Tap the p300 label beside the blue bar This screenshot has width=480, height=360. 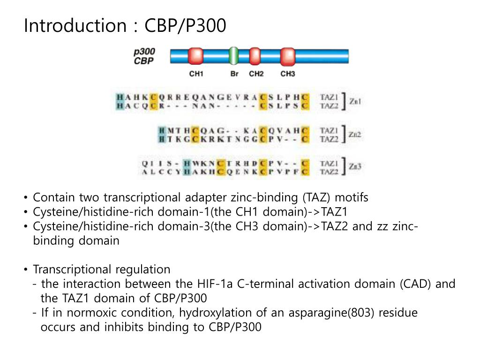[x=144, y=52]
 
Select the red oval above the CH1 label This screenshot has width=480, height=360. [x=195, y=56]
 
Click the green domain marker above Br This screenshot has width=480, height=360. [x=233, y=56]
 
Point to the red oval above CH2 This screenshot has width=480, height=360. [x=255, y=56]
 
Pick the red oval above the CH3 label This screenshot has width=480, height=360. [x=287, y=56]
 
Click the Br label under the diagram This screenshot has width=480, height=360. [x=235, y=74]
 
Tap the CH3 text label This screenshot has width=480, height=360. [x=288, y=74]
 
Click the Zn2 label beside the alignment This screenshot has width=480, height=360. [x=355, y=135]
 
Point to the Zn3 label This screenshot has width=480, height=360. [x=355, y=167]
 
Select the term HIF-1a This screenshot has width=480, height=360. [x=216, y=284]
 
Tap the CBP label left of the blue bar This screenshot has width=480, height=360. [x=143, y=61]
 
